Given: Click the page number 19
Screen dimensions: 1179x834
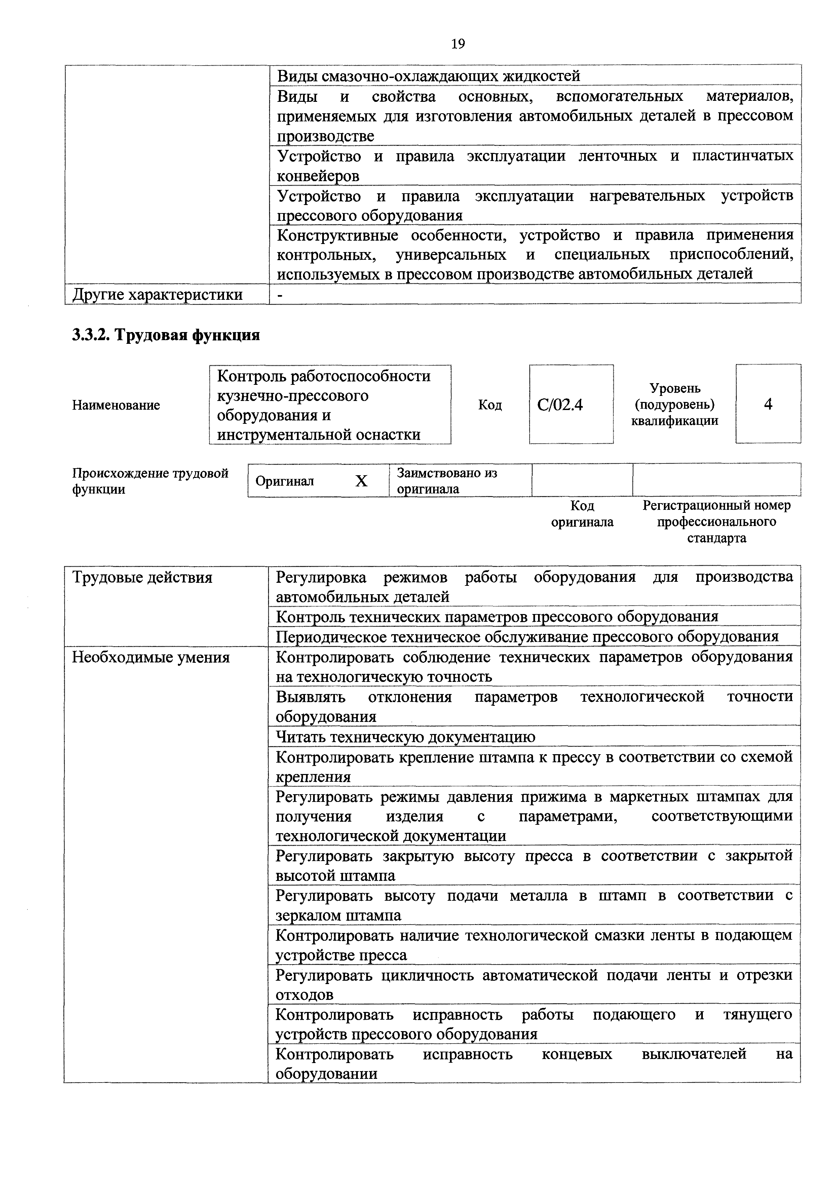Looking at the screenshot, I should pyautogui.click(x=457, y=44).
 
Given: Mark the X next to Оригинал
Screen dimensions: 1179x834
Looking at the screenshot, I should pyautogui.click(x=362, y=481).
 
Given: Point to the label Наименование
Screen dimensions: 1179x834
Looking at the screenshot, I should pyautogui.click(x=116, y=405).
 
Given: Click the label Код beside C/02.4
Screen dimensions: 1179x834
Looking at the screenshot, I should pyautogui.click(x=490, y=405).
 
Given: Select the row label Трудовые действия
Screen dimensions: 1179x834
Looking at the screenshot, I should pyautogui.click(x=142, y=578).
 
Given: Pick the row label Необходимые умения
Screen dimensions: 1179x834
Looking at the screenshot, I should pyautogui.click(x=151, y=657).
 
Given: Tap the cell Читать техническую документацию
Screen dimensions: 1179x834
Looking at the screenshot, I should pyautogui.click(x=406, y=737).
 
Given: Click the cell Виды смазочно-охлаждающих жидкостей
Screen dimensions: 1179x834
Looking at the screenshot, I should pyautogui.click(x=428, y=76).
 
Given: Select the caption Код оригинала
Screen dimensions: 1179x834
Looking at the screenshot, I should pyautogui.click(x=582, y=514).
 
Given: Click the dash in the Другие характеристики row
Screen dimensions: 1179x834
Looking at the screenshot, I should pyautogui.click(x=280, y=295).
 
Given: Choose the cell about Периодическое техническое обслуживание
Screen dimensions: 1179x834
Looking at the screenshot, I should pyautogui.click(x=527, y=637).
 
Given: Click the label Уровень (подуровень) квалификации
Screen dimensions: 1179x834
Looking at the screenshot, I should pyautogui.click(x=674, y=405).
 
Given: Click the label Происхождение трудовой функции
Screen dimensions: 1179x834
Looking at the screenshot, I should pyautogui.click(x=150, y=481).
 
